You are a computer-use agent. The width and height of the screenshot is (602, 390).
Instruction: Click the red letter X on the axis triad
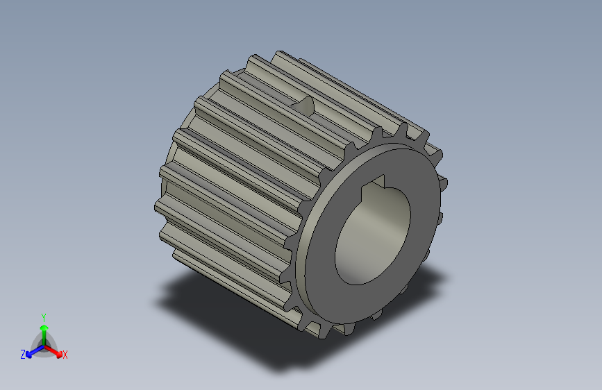(x=65, y=355)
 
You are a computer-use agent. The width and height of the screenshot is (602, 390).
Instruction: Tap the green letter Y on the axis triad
(x=43, y=316)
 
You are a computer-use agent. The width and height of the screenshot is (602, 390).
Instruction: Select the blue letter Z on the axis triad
(x=23, y=355)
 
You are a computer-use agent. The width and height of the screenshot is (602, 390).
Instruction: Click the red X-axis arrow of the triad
(x=55, y=350)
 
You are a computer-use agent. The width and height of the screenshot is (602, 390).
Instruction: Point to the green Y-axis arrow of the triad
(x=43, y=329)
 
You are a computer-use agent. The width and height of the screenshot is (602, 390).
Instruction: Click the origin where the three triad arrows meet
(x=43, y=344)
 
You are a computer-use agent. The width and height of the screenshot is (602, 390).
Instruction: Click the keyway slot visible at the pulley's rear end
(x=306, y=106)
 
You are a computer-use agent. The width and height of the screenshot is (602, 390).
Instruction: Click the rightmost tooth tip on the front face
(x=444, y=183)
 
